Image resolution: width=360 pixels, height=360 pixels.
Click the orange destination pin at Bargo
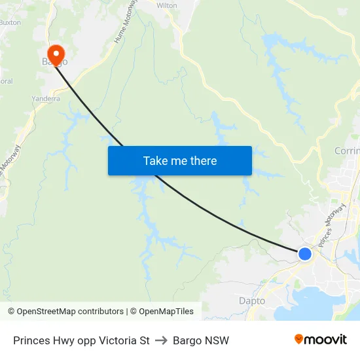[x=56, y=52]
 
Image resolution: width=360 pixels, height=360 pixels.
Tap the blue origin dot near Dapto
[x=304, y=253]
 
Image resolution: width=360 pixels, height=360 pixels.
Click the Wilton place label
[x=167, y=5]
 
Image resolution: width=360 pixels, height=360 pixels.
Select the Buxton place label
[x=9, y=22]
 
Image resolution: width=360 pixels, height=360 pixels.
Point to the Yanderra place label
[x=46, y=99]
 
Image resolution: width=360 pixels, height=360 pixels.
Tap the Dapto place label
[x=252, y=301]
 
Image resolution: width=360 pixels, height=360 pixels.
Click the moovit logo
[x=321, y=339]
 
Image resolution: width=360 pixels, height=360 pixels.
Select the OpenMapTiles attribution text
[x=165, y=312]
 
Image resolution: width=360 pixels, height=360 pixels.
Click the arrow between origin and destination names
[x=161, y=340]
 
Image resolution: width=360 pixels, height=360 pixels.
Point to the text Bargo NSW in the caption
[x=201, y=340]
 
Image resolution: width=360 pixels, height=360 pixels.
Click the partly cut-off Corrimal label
[x=347, y=151]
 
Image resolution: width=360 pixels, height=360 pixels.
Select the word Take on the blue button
[x=155, y=161]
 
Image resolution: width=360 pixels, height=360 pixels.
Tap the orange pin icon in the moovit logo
[x=299, y=339]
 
